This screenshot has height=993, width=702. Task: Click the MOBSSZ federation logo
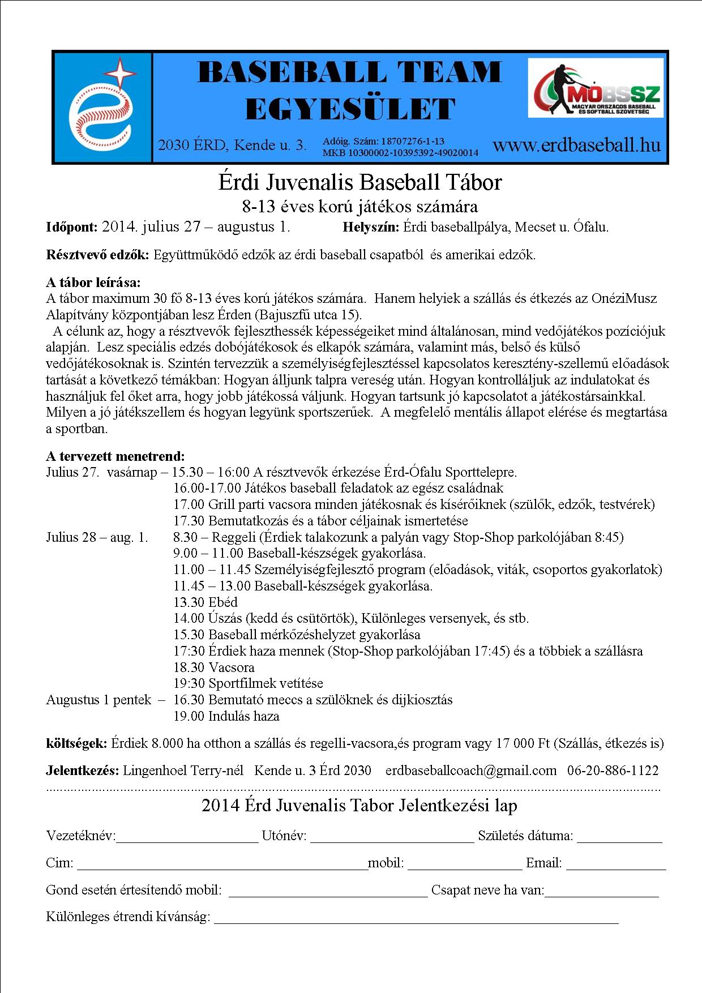(x=595, y=88)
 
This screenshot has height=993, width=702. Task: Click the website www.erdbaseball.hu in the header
(x=576, y=145)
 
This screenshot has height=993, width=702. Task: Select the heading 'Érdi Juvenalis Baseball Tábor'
(x=360, y=182)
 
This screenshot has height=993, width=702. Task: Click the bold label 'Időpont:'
(x=72, y=228)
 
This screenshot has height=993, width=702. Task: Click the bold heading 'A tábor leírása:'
(x=93, y=282)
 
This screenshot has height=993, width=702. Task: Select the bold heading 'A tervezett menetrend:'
(x=115, y=456)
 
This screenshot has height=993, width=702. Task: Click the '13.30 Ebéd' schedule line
(x=206, y=602)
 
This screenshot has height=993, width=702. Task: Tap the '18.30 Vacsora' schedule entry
(x=214, y=667)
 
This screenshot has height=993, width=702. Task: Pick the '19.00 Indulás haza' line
(x=226, y=716)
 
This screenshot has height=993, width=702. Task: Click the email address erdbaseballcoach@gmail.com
(x=471, y=771)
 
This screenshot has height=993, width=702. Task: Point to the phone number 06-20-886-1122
(x=613, y=771)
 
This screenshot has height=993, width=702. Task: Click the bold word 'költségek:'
(x=76, y=743)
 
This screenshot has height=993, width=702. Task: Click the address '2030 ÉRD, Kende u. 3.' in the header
(x=232, y=145)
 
